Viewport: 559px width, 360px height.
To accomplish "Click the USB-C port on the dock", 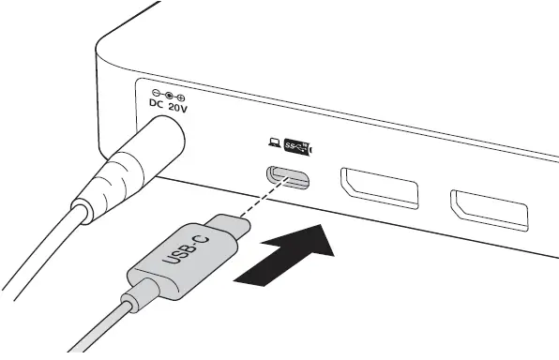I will [289, 176].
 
